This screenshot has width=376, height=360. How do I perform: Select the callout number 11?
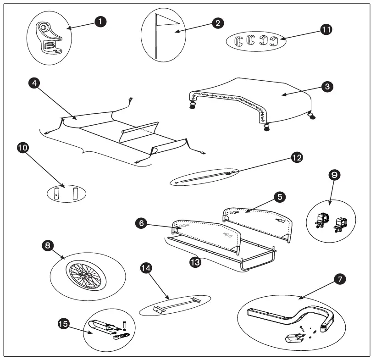click(x=326, y=29)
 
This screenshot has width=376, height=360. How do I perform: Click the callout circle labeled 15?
click(x=63, y=324)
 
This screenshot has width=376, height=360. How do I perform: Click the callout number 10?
click(x=24, y=148)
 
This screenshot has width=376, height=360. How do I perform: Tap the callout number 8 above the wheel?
click(x=47, y=246)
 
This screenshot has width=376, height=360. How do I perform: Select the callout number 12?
click(x=297, y=157)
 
